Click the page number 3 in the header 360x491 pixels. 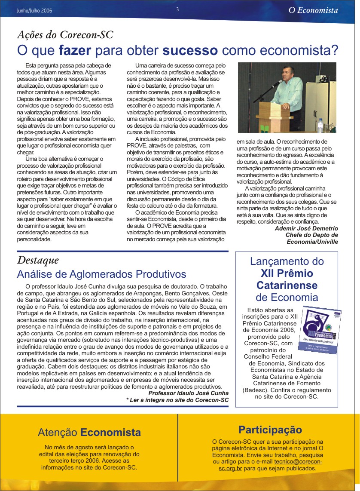pos(177,9)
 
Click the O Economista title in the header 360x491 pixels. pos(313,10)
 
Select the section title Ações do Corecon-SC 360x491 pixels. pos(65,35)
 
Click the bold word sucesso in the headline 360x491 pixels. pos(189,50)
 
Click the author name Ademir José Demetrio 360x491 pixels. pos(306,228)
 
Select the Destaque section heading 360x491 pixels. pos(38,260)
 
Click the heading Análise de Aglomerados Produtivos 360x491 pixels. pos(101,274)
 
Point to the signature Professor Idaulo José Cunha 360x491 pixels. pos(188,393)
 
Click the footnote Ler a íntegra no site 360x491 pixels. pos(177,400)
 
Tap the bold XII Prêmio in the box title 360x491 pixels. pos(287,273)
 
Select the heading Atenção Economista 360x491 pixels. pos(89,432)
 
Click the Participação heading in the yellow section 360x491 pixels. pos(270,430)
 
